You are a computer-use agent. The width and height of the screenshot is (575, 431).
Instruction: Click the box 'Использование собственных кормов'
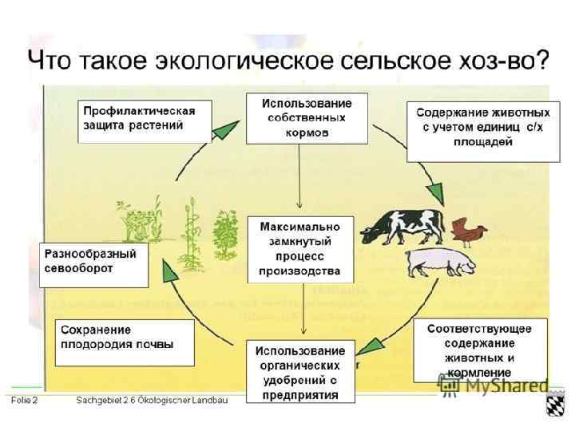coord(307,118)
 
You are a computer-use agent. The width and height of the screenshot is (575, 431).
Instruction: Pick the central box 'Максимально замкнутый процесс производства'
coord(299,249)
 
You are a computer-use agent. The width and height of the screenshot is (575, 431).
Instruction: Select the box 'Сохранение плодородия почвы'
coord(124,342)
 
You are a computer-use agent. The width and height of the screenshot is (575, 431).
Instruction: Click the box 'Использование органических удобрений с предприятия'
coord(300,372)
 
